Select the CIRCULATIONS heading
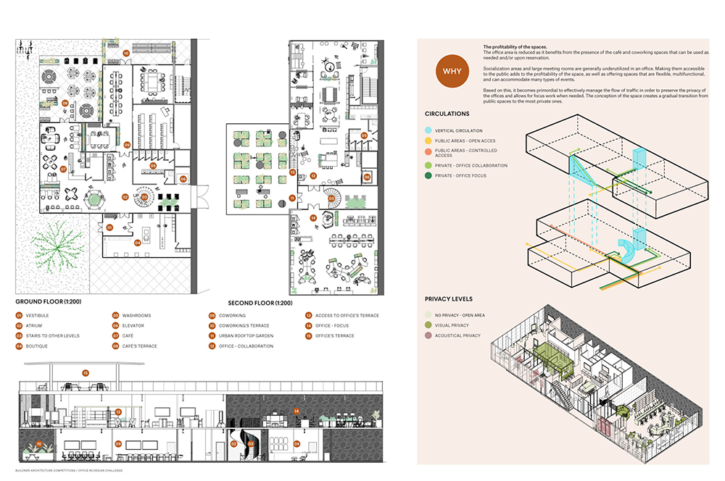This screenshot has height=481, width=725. [x=447, y=114]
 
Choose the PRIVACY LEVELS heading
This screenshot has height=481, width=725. [x=449, y=298]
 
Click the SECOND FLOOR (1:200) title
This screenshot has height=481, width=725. [x=260, y=303]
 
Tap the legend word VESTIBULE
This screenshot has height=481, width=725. [x=37, y=316]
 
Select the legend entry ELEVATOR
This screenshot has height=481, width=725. [x=133, y=326]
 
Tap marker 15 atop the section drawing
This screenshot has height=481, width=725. [x=86, y=373]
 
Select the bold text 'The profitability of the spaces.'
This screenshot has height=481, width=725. [x=515, y=47]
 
